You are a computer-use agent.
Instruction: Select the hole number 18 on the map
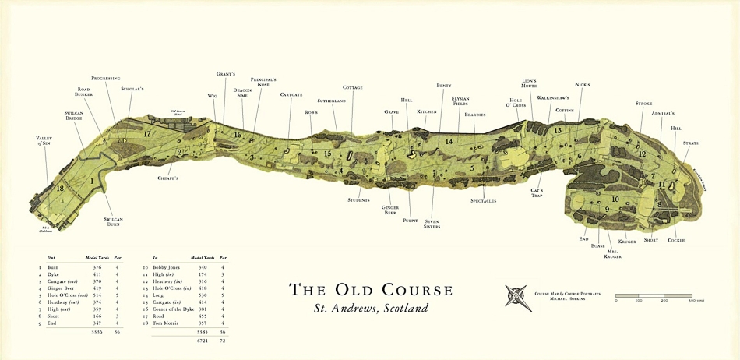coord(60,189)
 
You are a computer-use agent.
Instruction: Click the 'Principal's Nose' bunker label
coord(264,82)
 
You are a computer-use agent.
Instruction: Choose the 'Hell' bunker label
coord(406,100)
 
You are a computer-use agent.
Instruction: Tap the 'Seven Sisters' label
coord(433,224)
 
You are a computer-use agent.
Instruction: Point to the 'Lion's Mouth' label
coord(529,83)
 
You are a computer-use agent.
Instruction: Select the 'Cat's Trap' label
coord(537,192)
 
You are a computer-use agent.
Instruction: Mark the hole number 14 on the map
coord(449,141)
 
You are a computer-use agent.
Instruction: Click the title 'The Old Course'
coord(371,290)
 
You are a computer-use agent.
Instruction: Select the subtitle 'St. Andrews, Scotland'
coord(371,308)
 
